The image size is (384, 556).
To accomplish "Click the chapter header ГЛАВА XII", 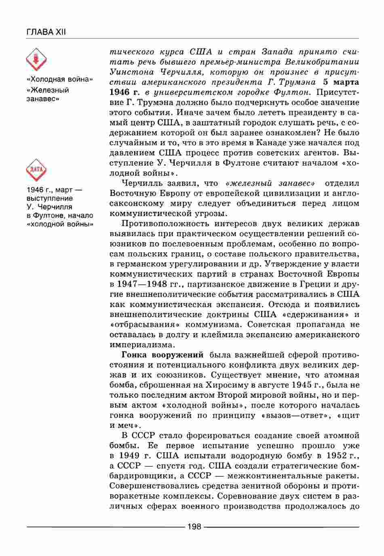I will pyautogui.click(x=45, y=32).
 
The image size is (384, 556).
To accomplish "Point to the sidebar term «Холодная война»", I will pyautogui.click(x=59, y=79).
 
